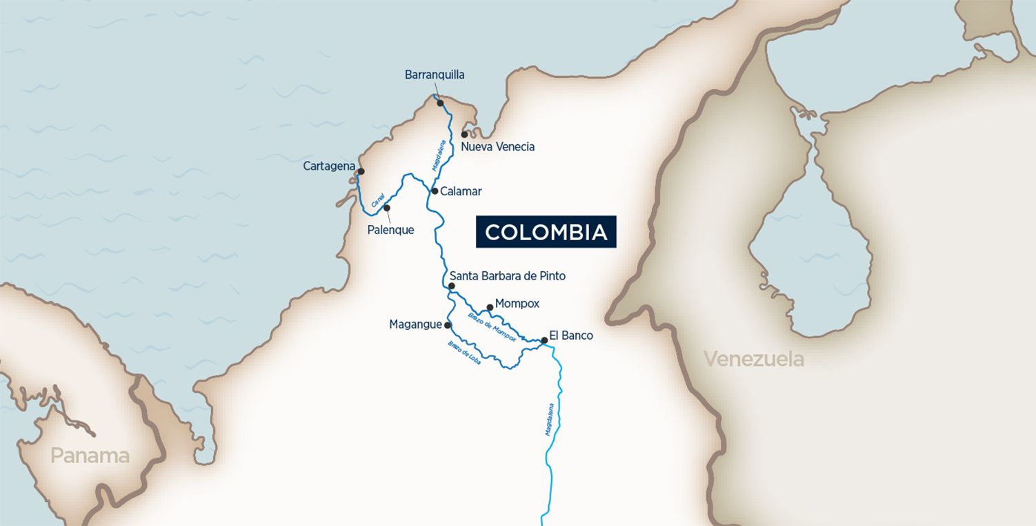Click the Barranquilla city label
pos(435,75)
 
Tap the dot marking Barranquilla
pos(440,104)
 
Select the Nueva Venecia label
pos(497,147)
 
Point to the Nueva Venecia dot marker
pos(465,135)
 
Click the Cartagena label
pos(329,166)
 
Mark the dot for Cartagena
pos(361,171)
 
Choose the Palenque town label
pos(390,230)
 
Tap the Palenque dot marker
pos(387,207)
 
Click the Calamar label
pos(461,191)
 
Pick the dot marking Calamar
pos(435,191)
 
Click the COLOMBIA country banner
pos(546,232)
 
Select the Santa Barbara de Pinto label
pos(507,276)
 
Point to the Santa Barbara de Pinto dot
pos(452,285)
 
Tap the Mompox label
pos(517,304)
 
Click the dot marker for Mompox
pos(490,307)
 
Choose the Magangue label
pos(415,324)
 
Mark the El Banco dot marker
pos(544,340)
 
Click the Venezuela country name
pos(753,359)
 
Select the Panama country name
pos(90,456)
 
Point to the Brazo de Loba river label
pos(464,352)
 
